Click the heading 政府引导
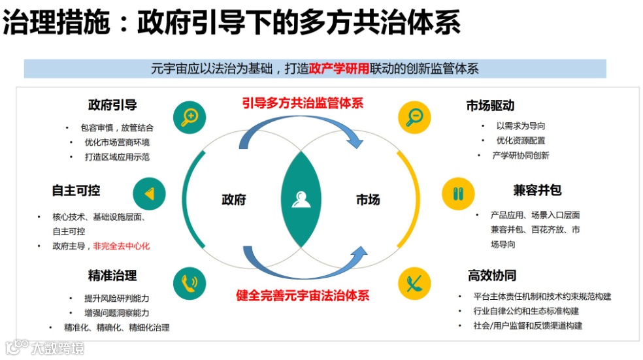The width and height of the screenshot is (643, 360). [x=112, y=106]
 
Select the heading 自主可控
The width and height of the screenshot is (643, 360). [x=76, y=190]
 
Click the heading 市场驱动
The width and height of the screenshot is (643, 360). [x=490, y=106]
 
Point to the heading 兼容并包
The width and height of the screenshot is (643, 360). [x=537, y=190]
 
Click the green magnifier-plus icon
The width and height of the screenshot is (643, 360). [x=190, y=117]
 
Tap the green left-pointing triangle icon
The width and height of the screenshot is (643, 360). [x=149, y=194]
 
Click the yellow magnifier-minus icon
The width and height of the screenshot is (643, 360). [x=414, y=117]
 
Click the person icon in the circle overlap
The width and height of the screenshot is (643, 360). [x=301, y=199]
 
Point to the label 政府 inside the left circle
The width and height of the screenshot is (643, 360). [x=234, y=199]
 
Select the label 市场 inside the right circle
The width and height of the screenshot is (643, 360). [x=368, y=199]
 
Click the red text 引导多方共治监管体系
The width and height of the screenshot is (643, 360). [x=302, y=103]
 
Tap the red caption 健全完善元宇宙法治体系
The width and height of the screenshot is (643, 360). [x=302, y=295]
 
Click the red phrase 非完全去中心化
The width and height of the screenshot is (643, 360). [x=122, y=246]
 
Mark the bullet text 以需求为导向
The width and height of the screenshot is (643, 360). [x=520, y=125]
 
